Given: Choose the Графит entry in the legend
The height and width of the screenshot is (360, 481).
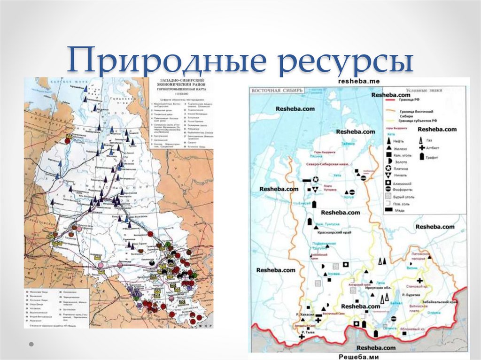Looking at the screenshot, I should (429, 157).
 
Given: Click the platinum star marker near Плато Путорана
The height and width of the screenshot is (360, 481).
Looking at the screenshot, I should (316, 179).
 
